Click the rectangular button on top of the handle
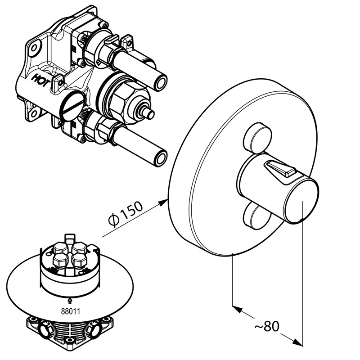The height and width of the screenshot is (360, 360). (279, 170)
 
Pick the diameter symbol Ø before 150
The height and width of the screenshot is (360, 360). (113, 220)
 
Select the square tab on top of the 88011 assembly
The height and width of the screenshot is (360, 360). (68, 237)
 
